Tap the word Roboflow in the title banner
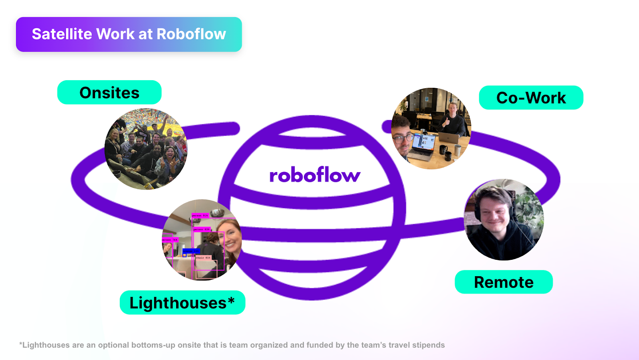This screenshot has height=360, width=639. click(191, 34)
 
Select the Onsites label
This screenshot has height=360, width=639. click(109, 93)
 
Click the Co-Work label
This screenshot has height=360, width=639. click(531, 98)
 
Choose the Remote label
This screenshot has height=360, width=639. click(504, 282)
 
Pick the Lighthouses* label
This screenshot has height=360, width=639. click(182, 303)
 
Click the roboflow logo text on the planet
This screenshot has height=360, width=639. click(315, 175)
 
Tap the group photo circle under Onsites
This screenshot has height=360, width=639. click(146, 149)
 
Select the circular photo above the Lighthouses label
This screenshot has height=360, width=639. click(202, 239)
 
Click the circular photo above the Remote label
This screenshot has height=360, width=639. click(504, 220)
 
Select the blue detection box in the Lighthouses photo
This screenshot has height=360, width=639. click(191, 251)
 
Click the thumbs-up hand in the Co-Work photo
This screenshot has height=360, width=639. click(446, 122)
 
